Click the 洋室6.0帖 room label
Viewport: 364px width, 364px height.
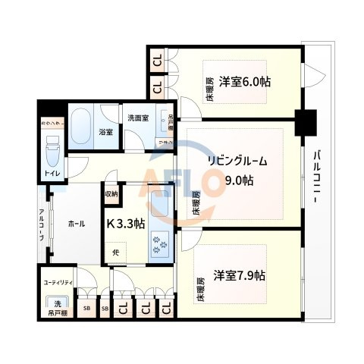coord(246,81)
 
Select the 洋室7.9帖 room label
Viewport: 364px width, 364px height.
coord(238,275)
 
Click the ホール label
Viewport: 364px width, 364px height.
coord(76,224)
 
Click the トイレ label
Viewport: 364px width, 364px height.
coord(52,174)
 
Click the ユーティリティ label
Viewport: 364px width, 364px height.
coord(58,282)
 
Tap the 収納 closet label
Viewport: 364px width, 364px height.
coord(111,193)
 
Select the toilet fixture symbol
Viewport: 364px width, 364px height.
coord(52,152)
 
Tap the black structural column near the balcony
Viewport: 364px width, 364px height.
coord(305,120)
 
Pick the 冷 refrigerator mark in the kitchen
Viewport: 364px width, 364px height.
coord(117,252)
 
